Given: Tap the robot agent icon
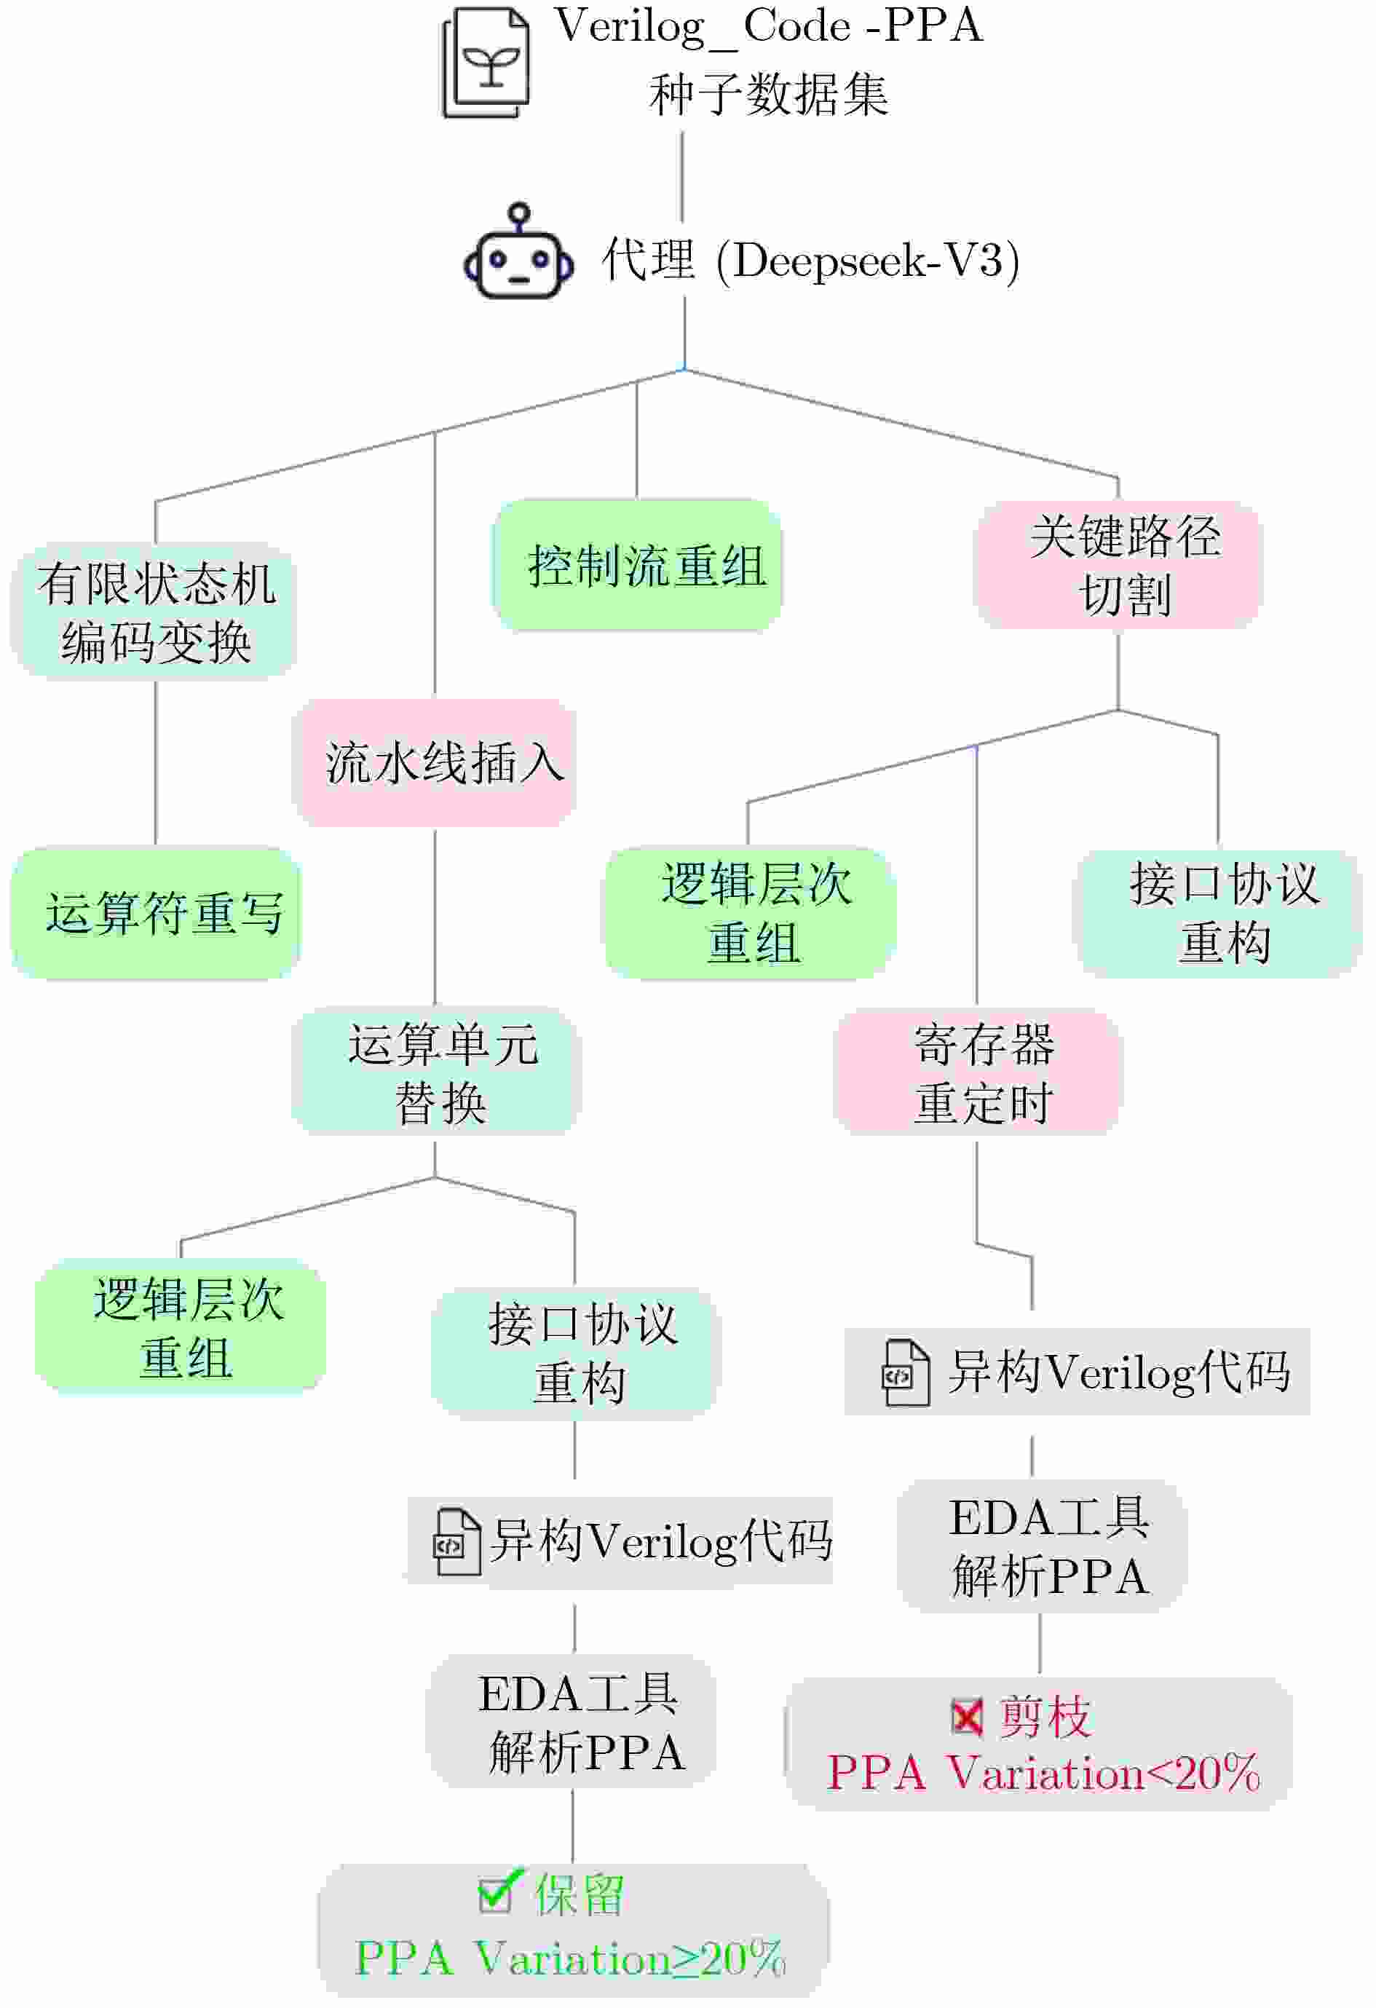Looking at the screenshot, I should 518,254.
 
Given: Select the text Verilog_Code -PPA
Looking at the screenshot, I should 768,26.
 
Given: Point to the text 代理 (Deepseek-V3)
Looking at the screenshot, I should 810,259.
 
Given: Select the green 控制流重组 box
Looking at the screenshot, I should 638,566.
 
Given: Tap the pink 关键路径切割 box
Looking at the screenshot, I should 1118,566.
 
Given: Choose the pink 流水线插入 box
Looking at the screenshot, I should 435,763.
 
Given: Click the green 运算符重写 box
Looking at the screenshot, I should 156,913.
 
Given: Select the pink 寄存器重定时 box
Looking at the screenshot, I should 977,1073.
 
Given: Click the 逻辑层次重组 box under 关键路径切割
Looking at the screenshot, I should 750,913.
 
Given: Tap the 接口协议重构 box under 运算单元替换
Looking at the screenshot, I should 574,1354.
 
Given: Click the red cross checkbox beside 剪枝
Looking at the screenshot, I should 967,1716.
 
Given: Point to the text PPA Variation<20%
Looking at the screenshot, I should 1043,1773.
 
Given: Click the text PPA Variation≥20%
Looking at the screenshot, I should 570,1958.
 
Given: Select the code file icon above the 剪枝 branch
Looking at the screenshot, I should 904,1373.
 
